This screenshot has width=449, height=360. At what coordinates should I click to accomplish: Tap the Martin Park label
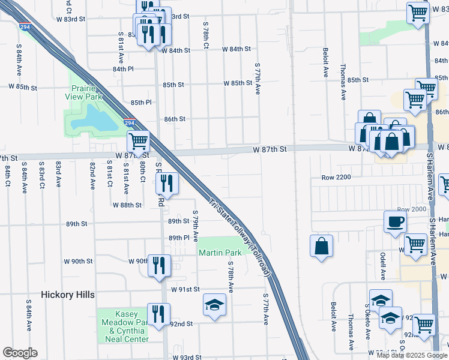tap(220, 253)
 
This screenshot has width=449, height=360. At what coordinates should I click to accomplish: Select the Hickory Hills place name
tap(66, 295)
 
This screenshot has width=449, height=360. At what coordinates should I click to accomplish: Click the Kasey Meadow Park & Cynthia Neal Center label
tap(122, 326)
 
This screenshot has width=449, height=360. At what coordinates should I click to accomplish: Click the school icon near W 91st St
tap(214, 305)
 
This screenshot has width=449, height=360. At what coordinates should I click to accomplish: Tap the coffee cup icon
tap(395, 221)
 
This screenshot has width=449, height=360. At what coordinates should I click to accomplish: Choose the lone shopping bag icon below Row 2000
tap(322, 246)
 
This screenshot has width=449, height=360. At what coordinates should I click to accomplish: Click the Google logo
tap(20, 353)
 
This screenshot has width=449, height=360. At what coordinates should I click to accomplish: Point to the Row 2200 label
tap(336, 178)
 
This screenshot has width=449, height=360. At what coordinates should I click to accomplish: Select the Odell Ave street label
tap(382, 266)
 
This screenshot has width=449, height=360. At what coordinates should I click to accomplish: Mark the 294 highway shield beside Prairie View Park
tap(130, 122)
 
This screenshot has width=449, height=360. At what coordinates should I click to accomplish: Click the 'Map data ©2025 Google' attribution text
tap(412, 355)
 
